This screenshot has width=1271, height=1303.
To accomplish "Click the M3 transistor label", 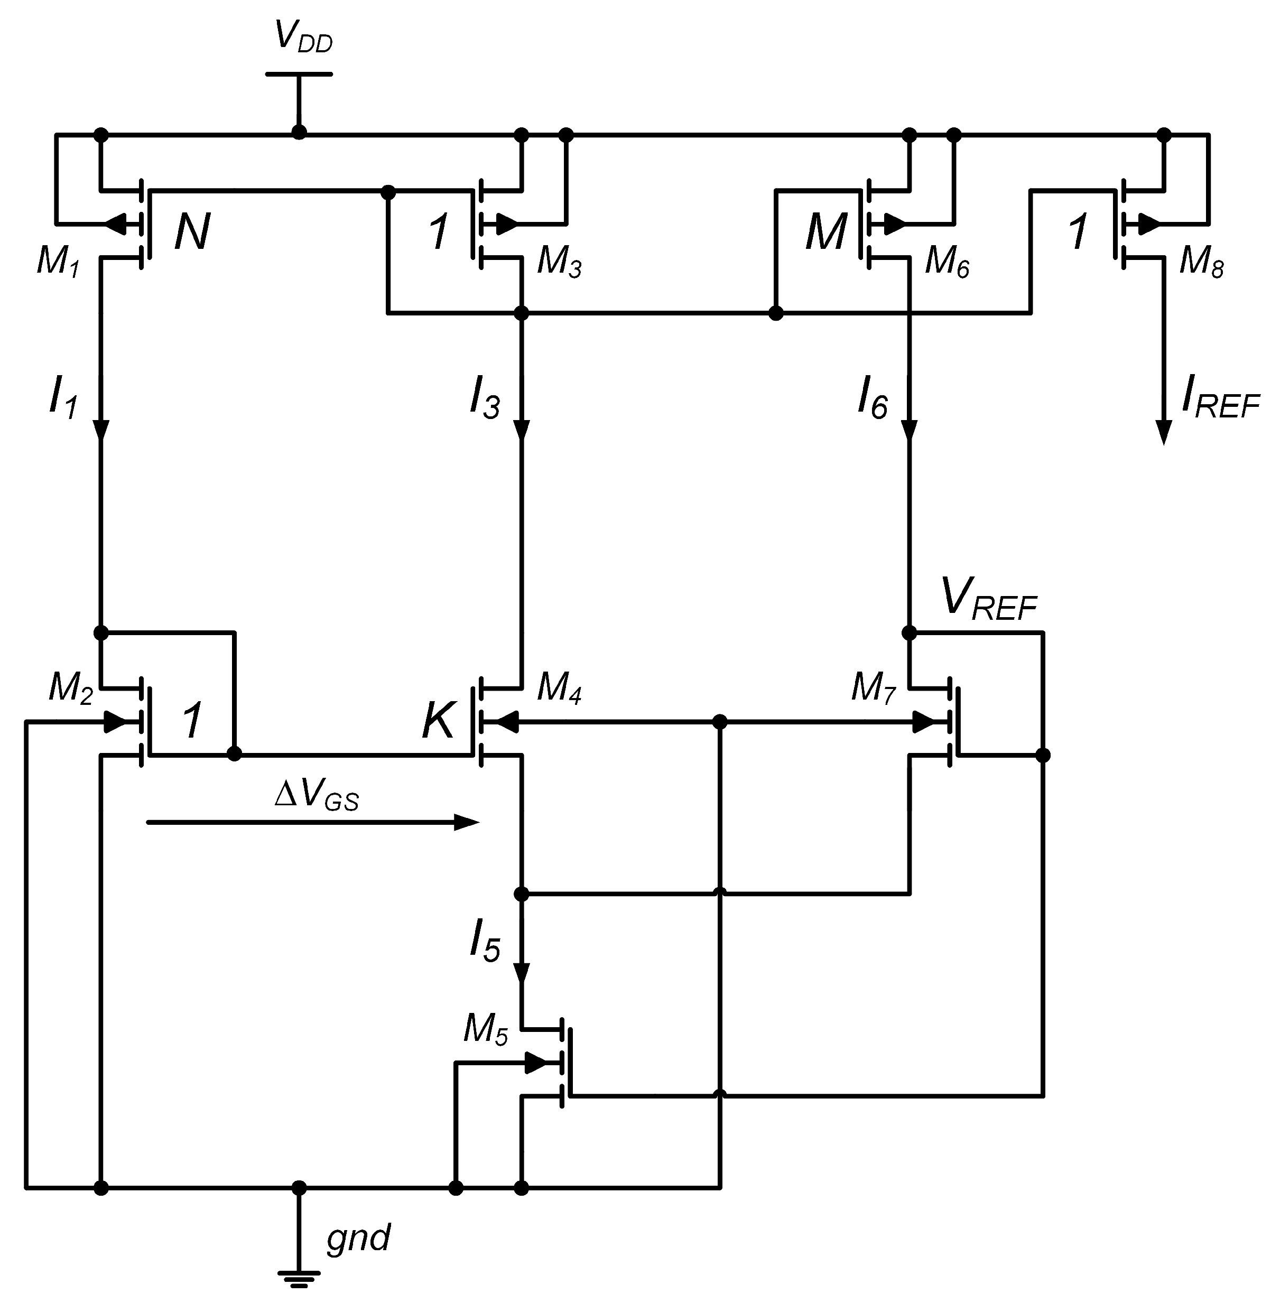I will coord(560,262).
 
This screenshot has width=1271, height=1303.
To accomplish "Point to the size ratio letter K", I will coord(439,721).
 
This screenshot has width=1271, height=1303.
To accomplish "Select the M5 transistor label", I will coord(485,1029).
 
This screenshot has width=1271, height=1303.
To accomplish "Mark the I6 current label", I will coord(873,398).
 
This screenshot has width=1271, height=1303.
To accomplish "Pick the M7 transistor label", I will coord(873,687).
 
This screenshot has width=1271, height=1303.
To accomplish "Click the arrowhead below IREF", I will coord(1164,433).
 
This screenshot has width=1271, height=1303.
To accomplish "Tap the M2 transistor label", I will coord(70,687).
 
